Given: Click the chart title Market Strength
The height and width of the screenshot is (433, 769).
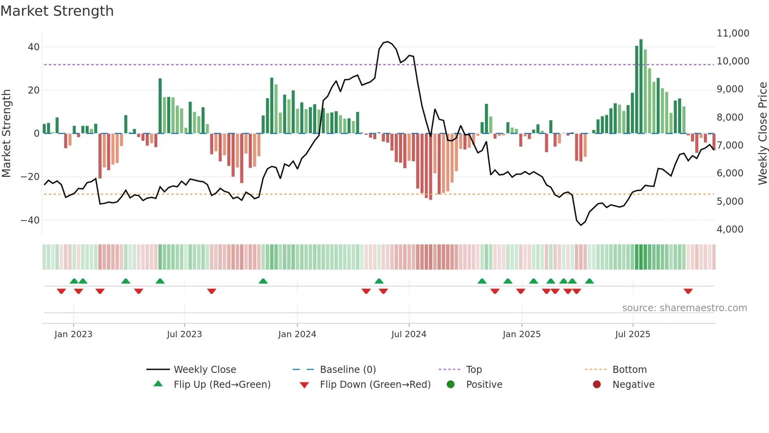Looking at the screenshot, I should point(57,11).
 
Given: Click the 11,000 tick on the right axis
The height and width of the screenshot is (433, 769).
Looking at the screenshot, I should point(733,33).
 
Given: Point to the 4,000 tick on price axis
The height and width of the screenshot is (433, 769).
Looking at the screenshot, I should point(730,229).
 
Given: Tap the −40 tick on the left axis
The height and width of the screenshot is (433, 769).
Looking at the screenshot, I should point(30,220).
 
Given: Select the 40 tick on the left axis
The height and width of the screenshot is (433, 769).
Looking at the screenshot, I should point(33,47).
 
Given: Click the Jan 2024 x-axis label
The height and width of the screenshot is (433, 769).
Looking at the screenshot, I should point(297,334).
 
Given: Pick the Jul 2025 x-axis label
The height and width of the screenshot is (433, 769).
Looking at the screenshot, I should point(632,334).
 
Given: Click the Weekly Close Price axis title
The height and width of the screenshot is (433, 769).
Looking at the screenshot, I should point(762,134).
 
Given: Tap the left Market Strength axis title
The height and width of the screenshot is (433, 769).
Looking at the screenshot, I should point(7,134).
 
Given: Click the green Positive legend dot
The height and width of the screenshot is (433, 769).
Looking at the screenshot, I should point(450,385).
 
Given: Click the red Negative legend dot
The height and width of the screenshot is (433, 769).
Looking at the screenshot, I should point(597,385).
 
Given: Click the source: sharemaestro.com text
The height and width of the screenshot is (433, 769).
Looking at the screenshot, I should point(684,308).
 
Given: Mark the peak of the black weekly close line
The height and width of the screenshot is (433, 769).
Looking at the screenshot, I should point(388,41).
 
